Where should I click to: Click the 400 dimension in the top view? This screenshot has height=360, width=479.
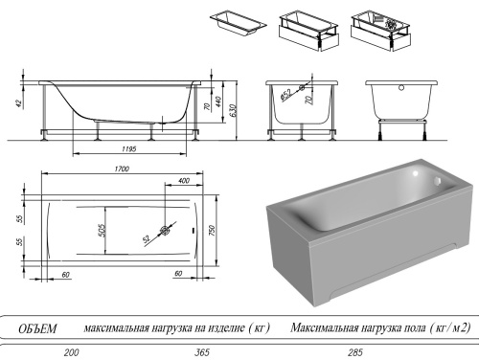[x=184, y=180]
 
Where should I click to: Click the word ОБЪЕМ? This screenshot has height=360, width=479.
[x=38, y=328]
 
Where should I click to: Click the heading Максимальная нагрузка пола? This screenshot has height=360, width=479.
[x=380, y=328]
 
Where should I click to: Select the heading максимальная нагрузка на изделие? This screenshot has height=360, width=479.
[x=177, y=328]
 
